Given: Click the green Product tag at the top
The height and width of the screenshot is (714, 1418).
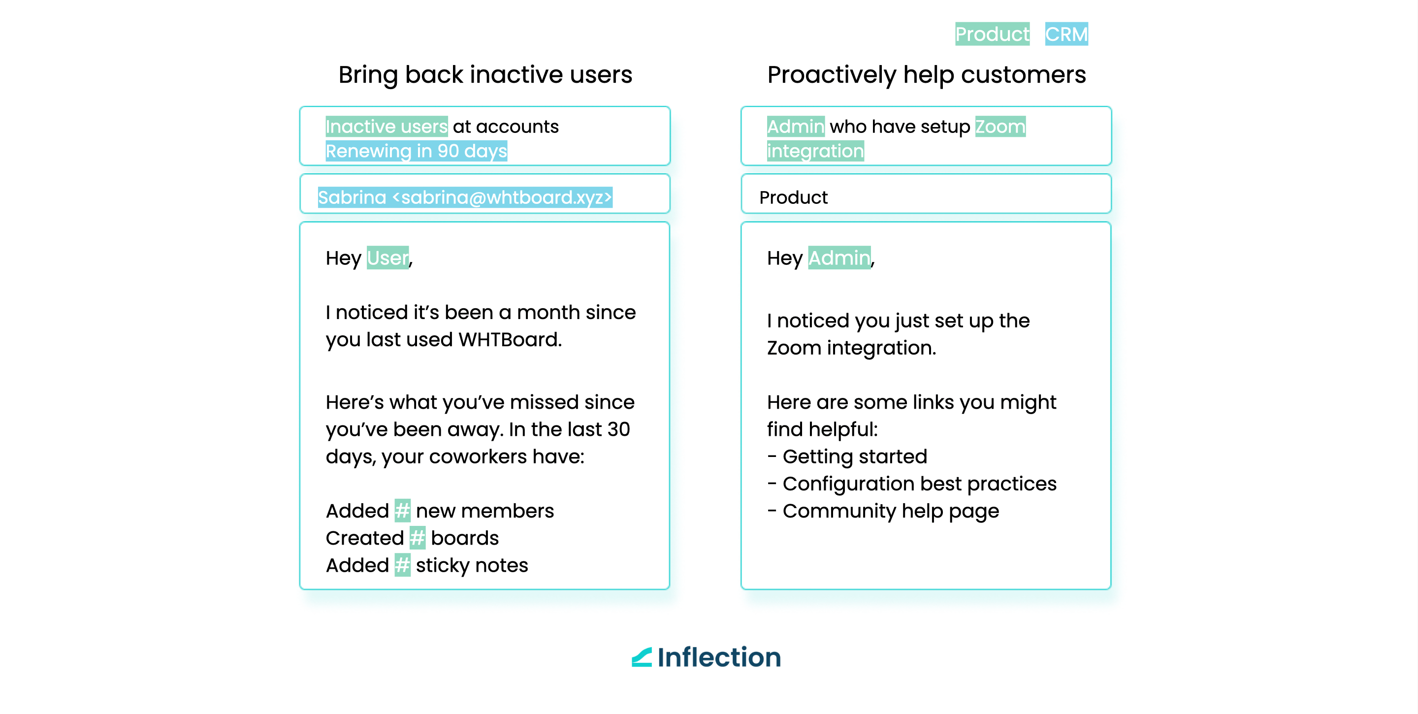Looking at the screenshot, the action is (992, 33).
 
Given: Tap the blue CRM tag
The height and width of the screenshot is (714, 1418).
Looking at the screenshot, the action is (1066, 33).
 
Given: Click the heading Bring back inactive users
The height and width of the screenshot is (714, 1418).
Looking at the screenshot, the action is (485, 75).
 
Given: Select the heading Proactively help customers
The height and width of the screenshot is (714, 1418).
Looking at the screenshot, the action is (927, 75).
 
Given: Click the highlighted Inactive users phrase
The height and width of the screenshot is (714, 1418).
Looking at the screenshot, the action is (387, 127).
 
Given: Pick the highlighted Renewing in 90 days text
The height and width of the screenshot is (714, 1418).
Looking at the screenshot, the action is (416, 151).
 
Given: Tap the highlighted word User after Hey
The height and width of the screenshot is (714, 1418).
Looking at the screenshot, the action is (387, 258).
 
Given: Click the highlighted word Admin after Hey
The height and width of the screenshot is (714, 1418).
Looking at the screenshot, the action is (839, 258).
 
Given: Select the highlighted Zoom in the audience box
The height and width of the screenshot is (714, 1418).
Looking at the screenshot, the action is (1000, 127).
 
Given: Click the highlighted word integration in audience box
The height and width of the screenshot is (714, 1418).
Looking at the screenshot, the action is (815, 151).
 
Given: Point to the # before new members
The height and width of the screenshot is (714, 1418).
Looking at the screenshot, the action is (402, 511).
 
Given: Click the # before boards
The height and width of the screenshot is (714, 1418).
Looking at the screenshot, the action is (417, 538).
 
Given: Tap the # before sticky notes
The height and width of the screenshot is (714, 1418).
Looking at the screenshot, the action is (402, 565).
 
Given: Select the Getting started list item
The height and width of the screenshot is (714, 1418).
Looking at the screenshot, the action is (847, 456).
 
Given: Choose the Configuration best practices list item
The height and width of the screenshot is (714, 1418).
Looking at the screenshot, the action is (911, 484).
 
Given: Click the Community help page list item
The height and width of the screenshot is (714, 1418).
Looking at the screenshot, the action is (883, 511).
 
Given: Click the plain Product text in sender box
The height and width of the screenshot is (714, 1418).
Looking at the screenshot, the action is (793, 197).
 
